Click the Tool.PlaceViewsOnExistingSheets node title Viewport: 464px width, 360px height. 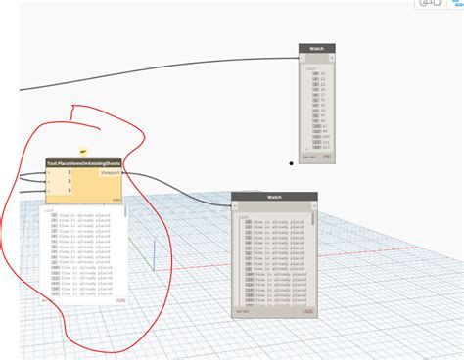tap(83, 163)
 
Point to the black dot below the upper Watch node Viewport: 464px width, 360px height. tap(291, 163)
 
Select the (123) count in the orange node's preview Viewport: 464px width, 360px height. tap(119, 301)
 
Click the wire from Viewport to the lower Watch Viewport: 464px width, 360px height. tap(186, 187)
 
